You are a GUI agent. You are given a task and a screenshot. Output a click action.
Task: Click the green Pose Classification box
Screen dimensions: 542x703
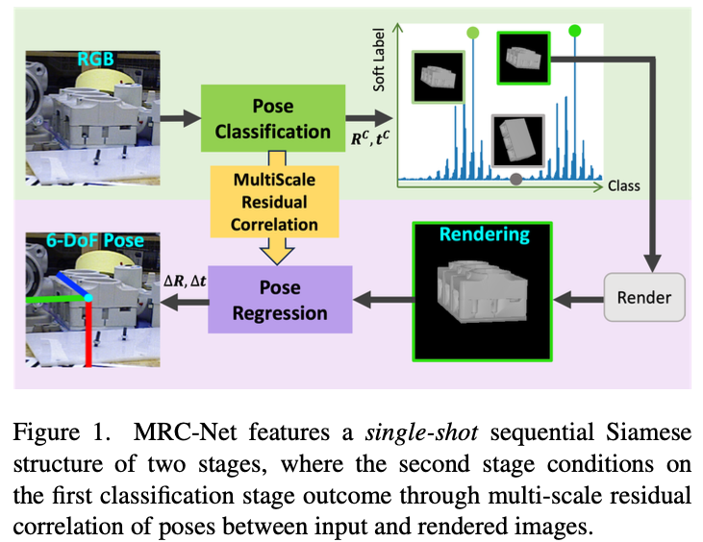pyautogui.click(x=273, y=118)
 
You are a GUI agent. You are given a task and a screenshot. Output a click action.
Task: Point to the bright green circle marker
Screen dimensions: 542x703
pyautogui.click(x=575, y=32)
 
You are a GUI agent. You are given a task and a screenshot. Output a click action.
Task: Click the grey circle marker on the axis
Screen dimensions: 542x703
pyautogui.click(x=516, y=179)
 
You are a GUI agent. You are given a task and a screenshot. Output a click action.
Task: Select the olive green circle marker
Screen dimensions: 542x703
pyautogui.click(x=472, y=34)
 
